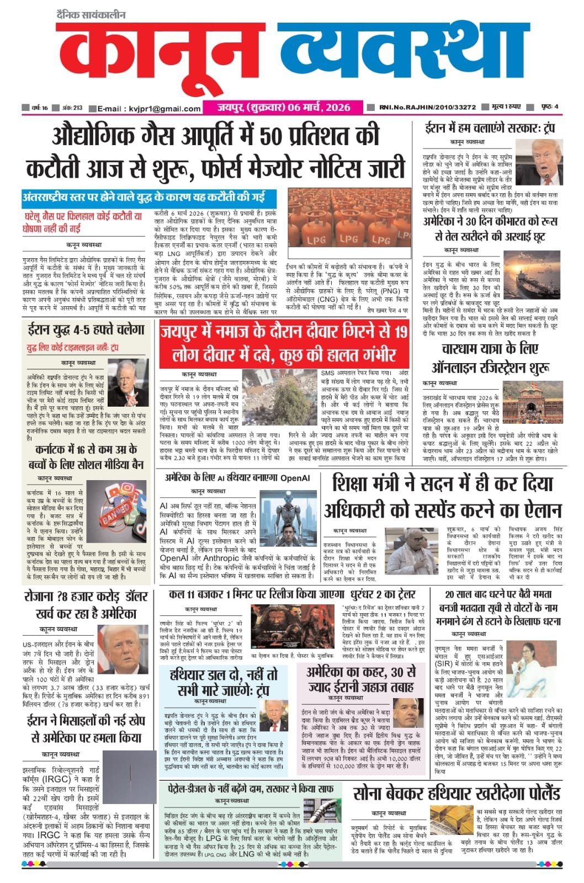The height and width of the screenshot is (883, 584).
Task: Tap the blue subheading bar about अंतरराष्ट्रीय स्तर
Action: click(x=150, y=197)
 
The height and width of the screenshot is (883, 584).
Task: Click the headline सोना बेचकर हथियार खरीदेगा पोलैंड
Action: click(x=456, y=793)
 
